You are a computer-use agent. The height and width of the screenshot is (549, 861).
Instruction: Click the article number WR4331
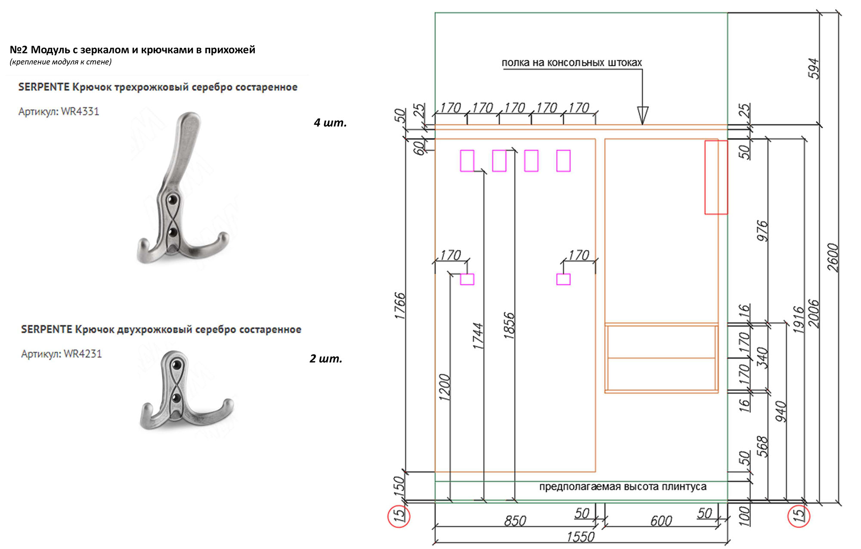(x=80, y=111)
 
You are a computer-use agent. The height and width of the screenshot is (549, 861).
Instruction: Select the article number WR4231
(x=83, y=354)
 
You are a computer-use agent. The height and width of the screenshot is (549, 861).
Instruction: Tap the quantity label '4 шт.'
(x=330, y=123)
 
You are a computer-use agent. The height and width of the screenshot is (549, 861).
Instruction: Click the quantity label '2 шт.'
(x=326, y=358)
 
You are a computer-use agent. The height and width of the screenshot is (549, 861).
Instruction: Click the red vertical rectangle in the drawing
(x=716, y=177)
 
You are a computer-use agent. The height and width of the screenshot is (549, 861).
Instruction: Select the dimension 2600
(x=833, y=257)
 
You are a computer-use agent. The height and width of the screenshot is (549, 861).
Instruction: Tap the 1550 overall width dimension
(x=580, y=537)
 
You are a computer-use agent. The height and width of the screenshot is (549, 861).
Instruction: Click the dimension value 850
(x=515, y=521)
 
